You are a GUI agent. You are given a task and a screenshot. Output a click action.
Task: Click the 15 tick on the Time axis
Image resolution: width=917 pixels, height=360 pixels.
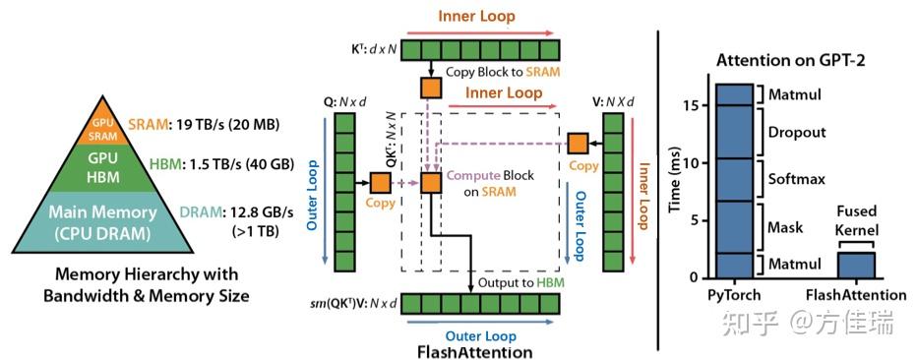point(696,104)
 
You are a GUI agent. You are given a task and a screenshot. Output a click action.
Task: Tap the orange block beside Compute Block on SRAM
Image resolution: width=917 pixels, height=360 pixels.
point(430,183)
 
